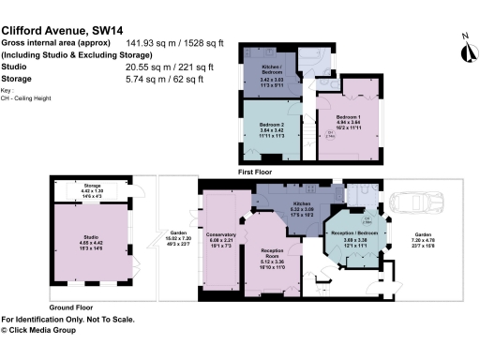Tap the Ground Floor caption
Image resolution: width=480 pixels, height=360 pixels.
[70, 307]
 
